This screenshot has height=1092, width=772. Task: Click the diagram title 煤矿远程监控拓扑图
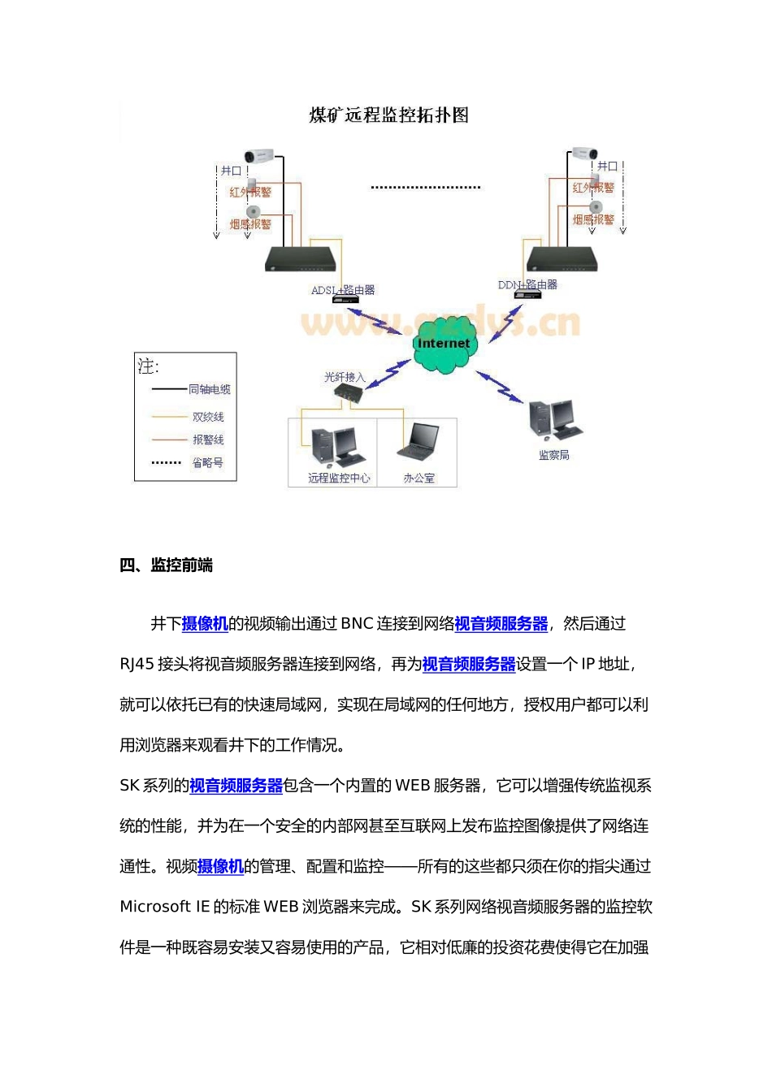[388, 115]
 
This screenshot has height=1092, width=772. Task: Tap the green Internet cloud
[443, 344]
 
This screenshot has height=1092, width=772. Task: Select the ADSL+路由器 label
[343, 290]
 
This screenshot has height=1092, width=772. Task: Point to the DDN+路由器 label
[527, 284]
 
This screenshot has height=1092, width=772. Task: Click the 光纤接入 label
[345, 377]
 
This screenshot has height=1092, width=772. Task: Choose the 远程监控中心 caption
[339, 479]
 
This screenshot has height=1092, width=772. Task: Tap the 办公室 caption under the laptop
[419, 479]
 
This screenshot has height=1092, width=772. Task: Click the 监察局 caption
[553, 455]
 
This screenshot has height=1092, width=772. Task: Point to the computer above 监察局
[555, 420]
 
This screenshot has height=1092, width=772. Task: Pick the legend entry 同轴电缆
[209, 390]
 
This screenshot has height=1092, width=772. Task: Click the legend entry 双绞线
[207, 417]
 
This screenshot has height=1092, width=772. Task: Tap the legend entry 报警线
[207, 440]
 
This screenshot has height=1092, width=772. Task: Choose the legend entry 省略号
[207, 463]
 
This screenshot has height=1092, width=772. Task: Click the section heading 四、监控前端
[166, 565]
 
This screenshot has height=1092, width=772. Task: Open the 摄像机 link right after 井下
[205, 624]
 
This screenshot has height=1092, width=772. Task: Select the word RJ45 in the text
[137, 665]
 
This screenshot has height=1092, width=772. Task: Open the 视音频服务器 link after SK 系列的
[236, 786]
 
